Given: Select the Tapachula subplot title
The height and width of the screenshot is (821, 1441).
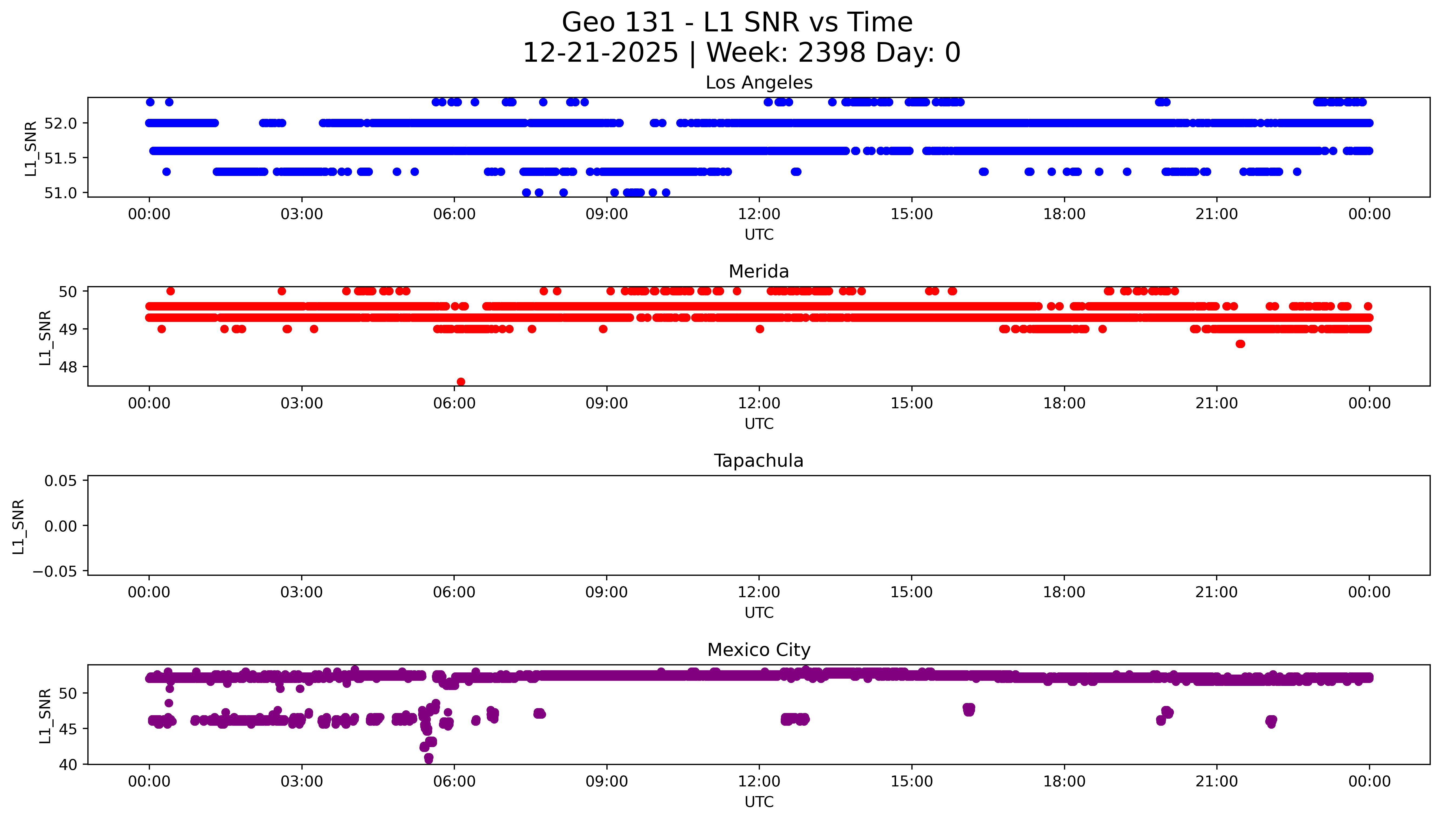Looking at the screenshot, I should (759, 461).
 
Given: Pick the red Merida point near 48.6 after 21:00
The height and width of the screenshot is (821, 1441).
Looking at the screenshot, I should (1240, 344).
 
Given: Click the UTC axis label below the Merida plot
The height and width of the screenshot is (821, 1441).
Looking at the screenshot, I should (759, 423).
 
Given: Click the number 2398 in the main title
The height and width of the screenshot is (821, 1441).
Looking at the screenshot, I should (831, 53).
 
